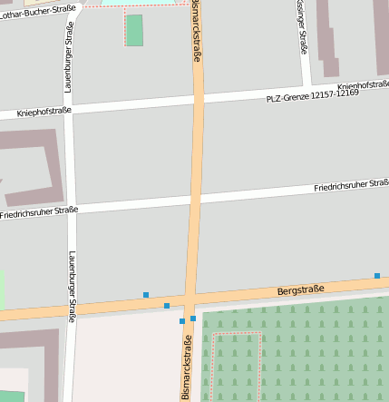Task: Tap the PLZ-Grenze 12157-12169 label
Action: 313,95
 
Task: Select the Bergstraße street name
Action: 300,290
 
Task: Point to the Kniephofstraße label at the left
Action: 44,113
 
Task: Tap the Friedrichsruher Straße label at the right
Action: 351,186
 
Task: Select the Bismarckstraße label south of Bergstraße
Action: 188,367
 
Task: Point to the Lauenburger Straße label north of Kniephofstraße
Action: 68,56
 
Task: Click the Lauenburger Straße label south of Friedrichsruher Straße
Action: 72,286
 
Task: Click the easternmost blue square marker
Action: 377,275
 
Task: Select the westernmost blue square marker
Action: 146,294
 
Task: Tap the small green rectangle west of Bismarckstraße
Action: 135,30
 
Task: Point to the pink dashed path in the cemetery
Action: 237,334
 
